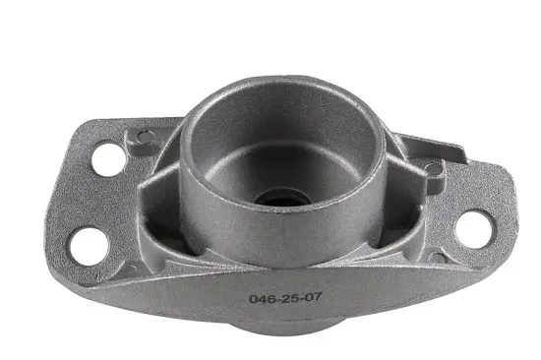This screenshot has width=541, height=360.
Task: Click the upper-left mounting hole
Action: click(x=109, y=159)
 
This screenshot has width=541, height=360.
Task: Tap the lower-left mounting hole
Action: click(x=90, y=246)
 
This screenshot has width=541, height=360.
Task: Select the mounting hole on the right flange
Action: click(x=475, y=229)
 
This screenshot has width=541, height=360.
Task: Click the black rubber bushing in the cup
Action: click(x=279, y=199)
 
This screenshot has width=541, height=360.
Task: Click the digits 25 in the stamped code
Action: click(x=289, y=298)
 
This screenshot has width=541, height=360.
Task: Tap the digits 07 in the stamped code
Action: click(x=313, y=296)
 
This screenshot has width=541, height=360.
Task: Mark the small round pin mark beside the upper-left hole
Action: click(x=146, y=137)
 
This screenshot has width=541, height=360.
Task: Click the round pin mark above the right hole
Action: click(x=433, y=169)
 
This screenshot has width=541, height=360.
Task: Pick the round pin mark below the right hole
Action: click(x=436, y=258)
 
